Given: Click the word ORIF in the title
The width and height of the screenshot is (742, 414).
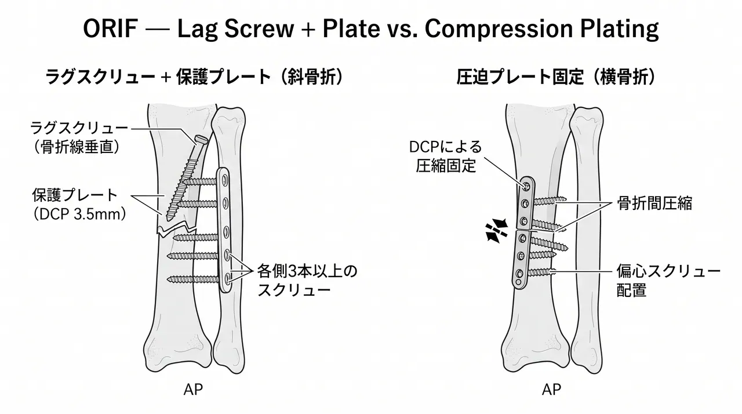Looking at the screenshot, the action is [x=110, y=28].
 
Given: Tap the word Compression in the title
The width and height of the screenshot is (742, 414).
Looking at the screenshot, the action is [x=499, y=30].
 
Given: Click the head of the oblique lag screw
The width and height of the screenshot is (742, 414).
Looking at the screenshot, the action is [x=201, y=140].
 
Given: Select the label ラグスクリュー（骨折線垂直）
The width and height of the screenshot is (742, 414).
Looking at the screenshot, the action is [x=78, y=137].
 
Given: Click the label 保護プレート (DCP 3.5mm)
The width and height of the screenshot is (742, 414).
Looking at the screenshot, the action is [x=79, y=204].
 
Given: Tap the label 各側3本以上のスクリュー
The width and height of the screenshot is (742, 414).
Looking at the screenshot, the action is [x=307, y=281].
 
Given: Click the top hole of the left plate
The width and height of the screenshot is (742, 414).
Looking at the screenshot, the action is [x=225, y=180].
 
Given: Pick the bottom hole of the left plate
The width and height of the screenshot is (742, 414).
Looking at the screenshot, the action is [x=227, y=278].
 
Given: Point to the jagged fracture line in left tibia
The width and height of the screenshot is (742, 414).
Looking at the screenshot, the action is [x=177, y=229].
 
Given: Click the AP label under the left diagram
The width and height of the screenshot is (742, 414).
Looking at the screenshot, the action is [x=193, y=390].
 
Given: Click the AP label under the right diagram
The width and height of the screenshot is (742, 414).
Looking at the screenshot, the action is [x=551, y=390].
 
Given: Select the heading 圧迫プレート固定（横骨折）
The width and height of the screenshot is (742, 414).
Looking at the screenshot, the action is [x=555, y=78].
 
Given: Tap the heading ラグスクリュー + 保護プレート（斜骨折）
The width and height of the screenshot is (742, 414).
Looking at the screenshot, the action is [x=194, y=78].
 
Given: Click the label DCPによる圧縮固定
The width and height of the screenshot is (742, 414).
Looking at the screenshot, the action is [x=446, y=157].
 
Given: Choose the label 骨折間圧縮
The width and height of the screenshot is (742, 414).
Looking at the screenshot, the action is [x=654, y=203].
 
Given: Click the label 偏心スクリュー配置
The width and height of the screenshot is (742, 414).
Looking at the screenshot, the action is [x=668, y=281].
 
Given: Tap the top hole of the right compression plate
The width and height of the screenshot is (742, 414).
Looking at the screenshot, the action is [x=526, y=186].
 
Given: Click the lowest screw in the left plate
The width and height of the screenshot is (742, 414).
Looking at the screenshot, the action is [x=193, y=279].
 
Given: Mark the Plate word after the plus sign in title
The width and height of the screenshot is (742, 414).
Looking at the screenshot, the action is [x=351, y=28].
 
